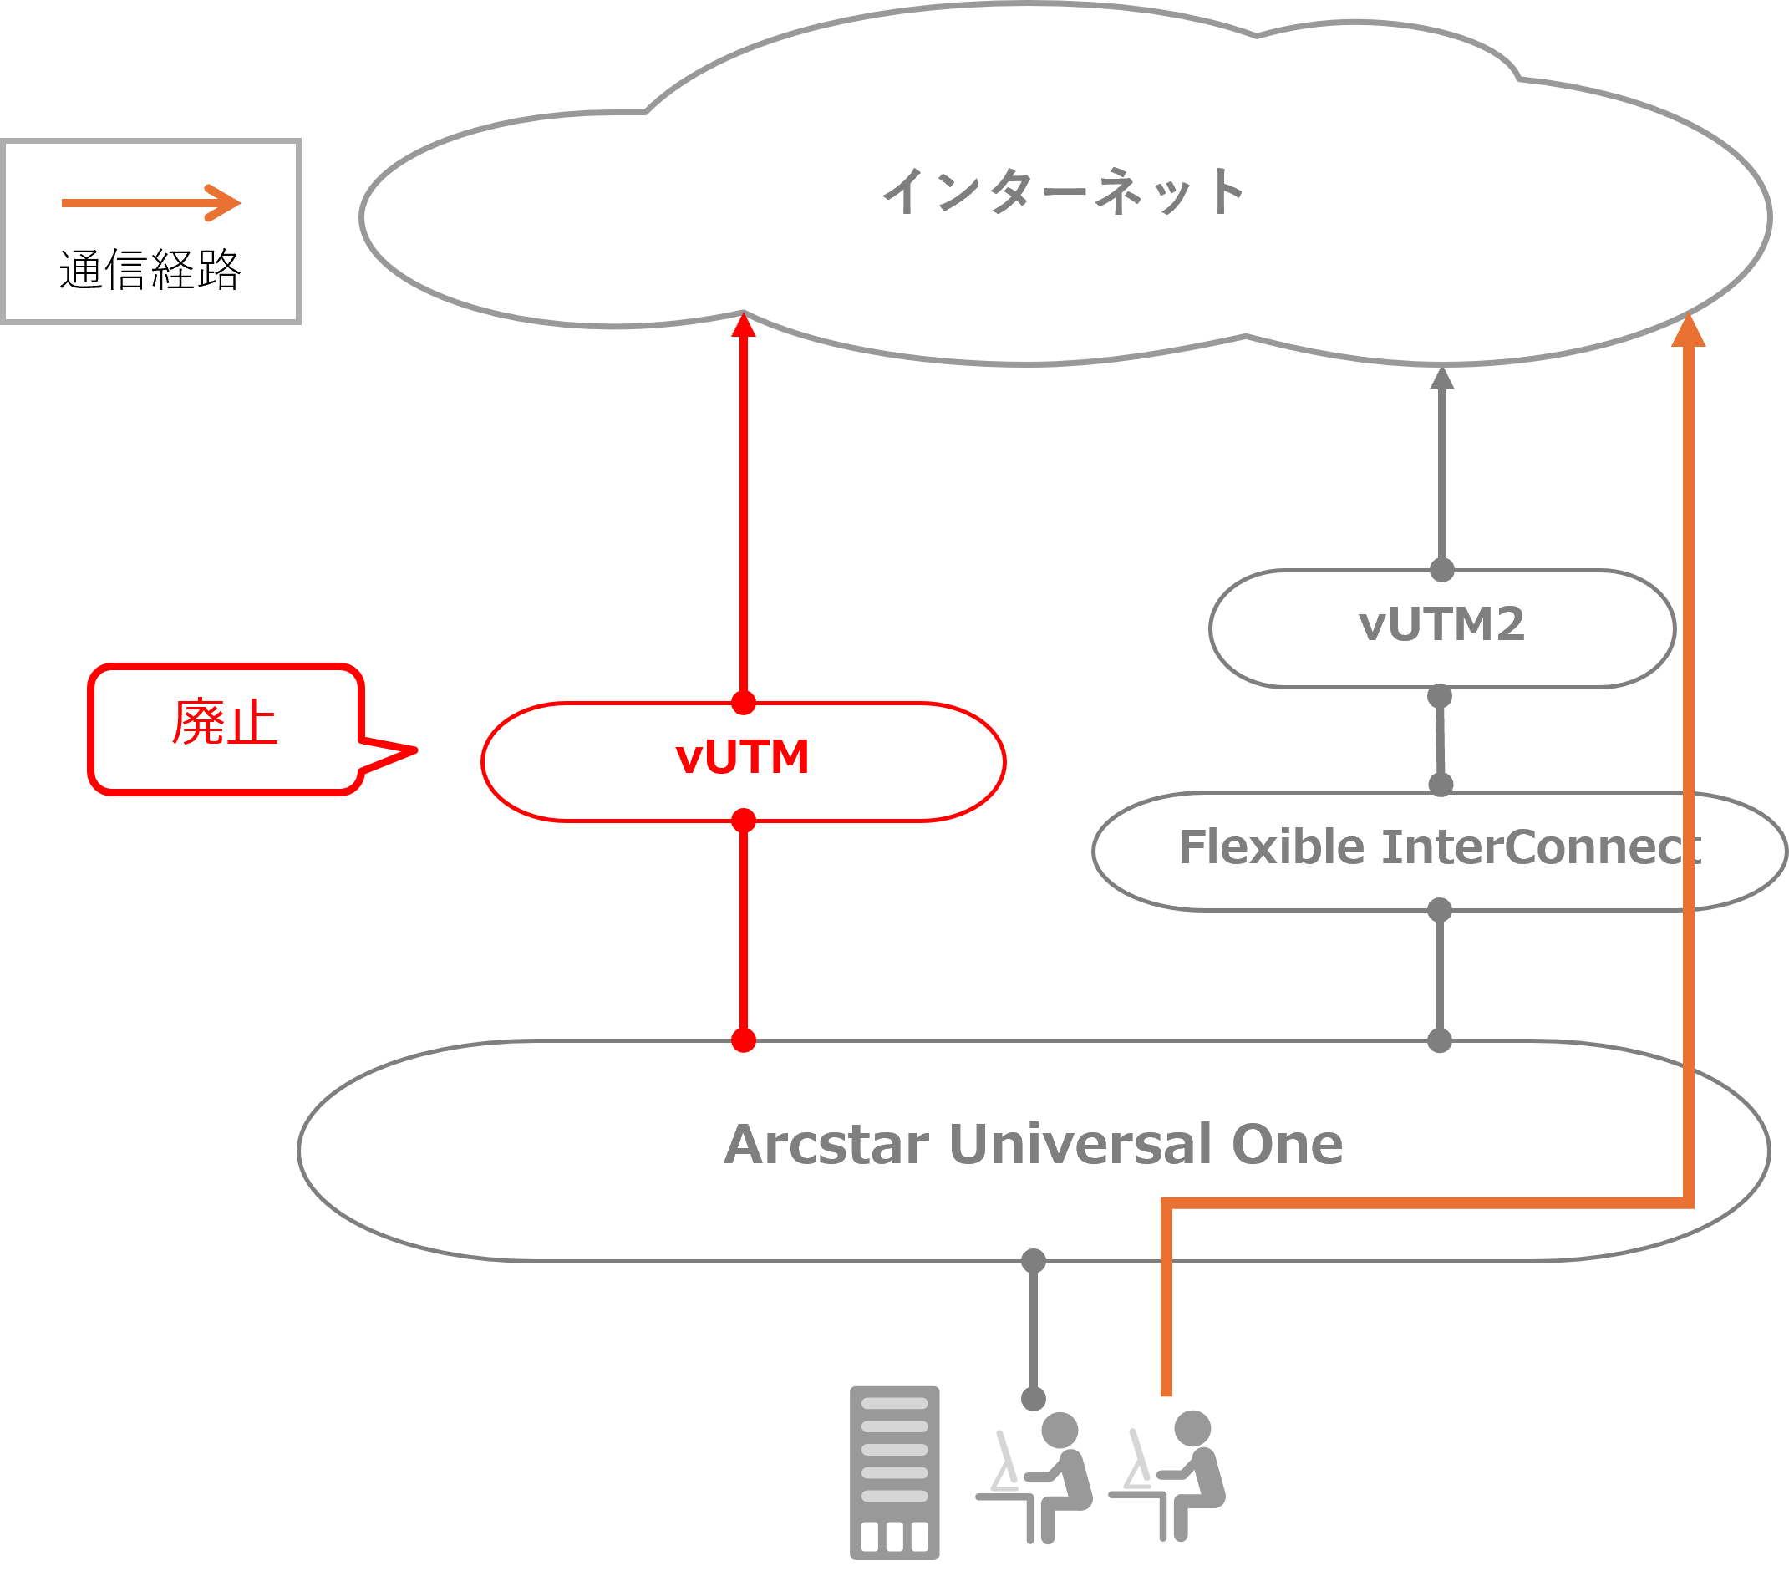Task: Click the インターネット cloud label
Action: [1063, 191]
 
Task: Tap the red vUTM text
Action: [742, 757]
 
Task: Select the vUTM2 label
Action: [1441, 625]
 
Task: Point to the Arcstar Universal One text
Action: [1033, 1145]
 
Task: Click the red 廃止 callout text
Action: [225, 723]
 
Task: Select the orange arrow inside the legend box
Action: [150, 203]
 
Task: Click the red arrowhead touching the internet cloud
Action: [743, 326]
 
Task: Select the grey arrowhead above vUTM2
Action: [1441, 379]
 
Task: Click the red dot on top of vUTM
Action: [743, 703]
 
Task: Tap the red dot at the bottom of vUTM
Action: [743, 820]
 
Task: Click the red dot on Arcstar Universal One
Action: [743, 1040]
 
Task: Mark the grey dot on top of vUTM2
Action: [1441, 571]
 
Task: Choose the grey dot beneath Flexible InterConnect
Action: [1440, 910]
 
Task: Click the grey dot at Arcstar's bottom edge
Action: [1034, 1261]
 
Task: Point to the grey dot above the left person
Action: [1034, 1398]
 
